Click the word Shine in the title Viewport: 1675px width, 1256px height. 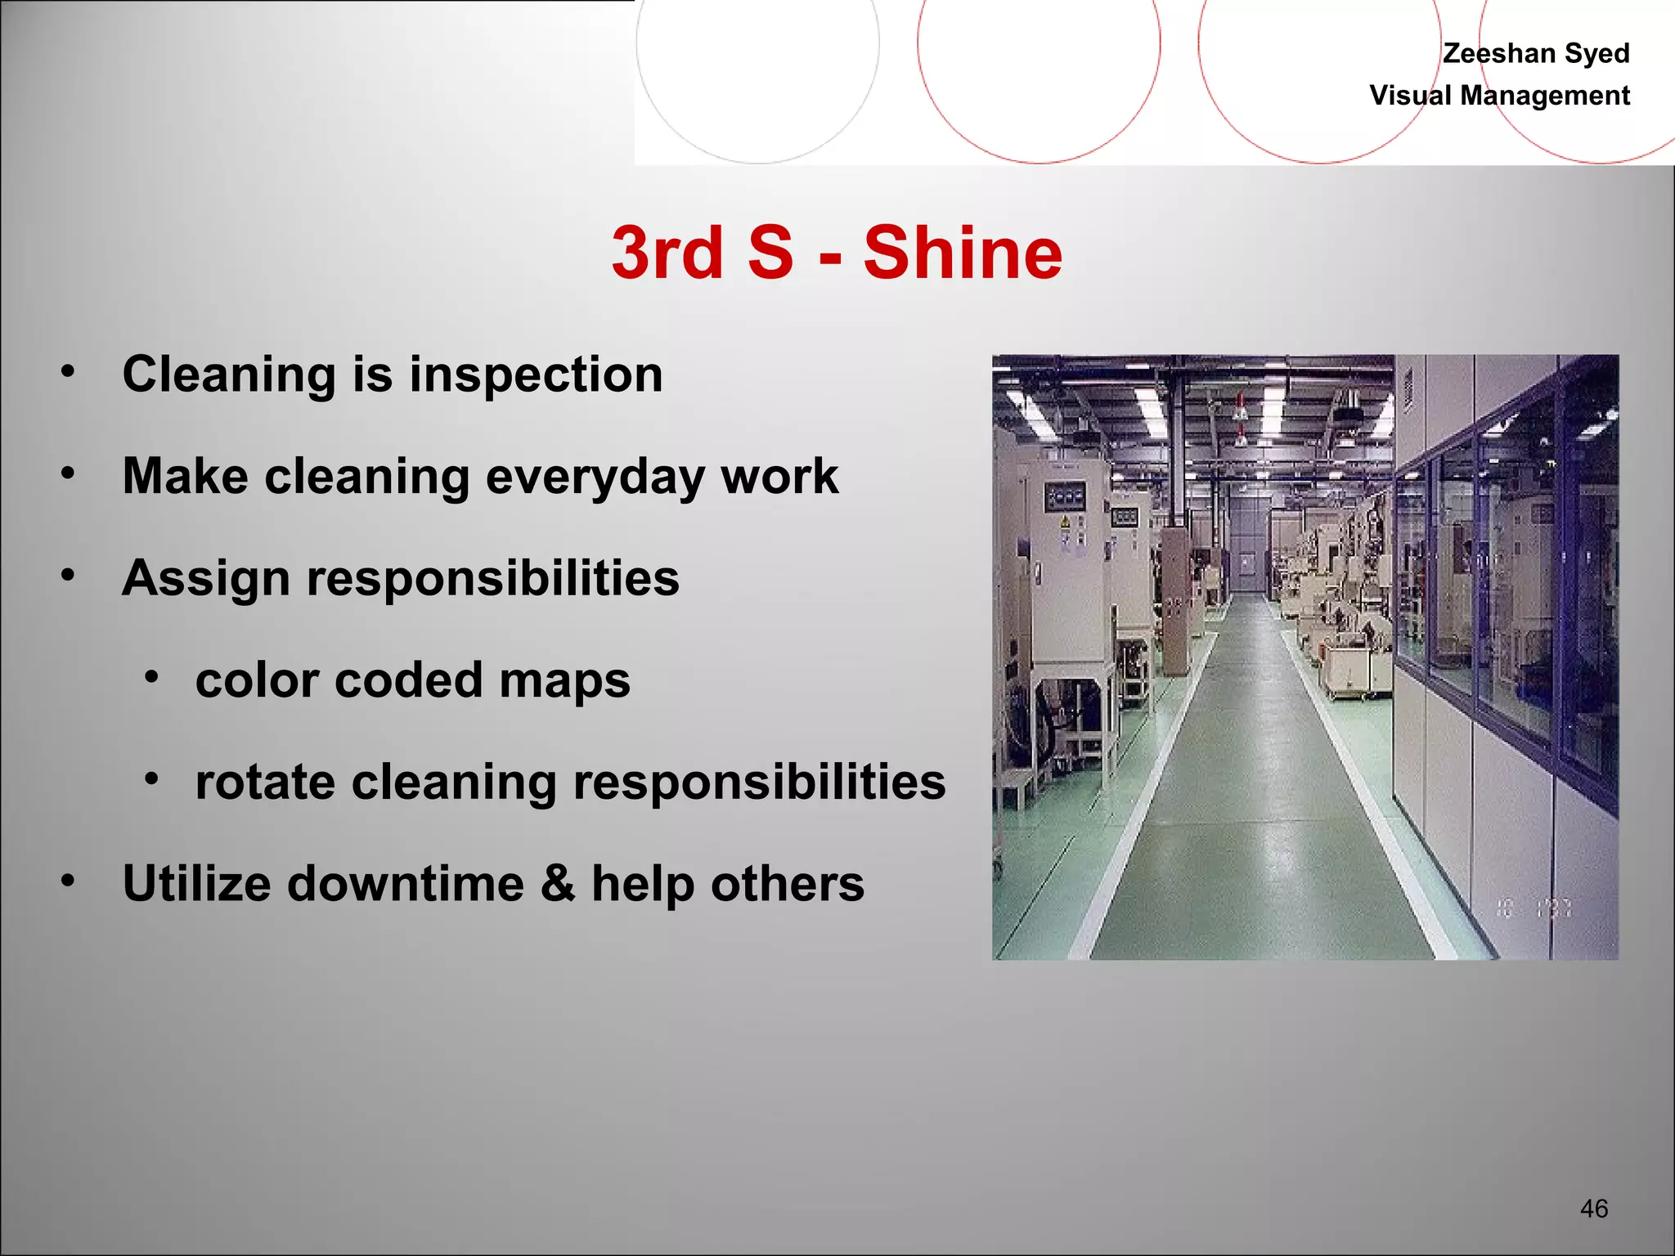coord(963,253)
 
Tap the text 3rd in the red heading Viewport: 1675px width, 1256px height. coord(667,253)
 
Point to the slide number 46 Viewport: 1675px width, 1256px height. coord(1594,1208)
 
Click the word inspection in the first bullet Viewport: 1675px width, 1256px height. coord(536,375)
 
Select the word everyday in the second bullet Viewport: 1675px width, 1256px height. coord(595,477)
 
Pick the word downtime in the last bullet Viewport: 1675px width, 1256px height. coord(405,884)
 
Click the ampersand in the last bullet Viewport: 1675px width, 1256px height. coord(558,884)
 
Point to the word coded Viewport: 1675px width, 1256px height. coord(408,681)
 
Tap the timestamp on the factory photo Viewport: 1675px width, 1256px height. coord(1533,908)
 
